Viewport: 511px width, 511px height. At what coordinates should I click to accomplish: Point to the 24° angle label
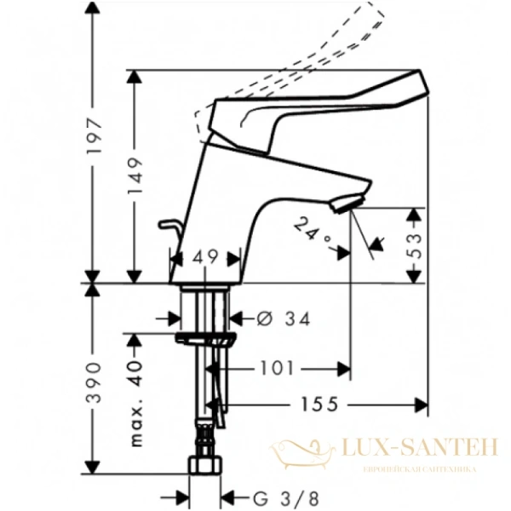pos(310,230)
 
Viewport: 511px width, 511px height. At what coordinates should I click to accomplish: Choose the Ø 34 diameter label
pos(281,319)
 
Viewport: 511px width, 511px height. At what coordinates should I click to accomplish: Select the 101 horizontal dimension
pos(276,369)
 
